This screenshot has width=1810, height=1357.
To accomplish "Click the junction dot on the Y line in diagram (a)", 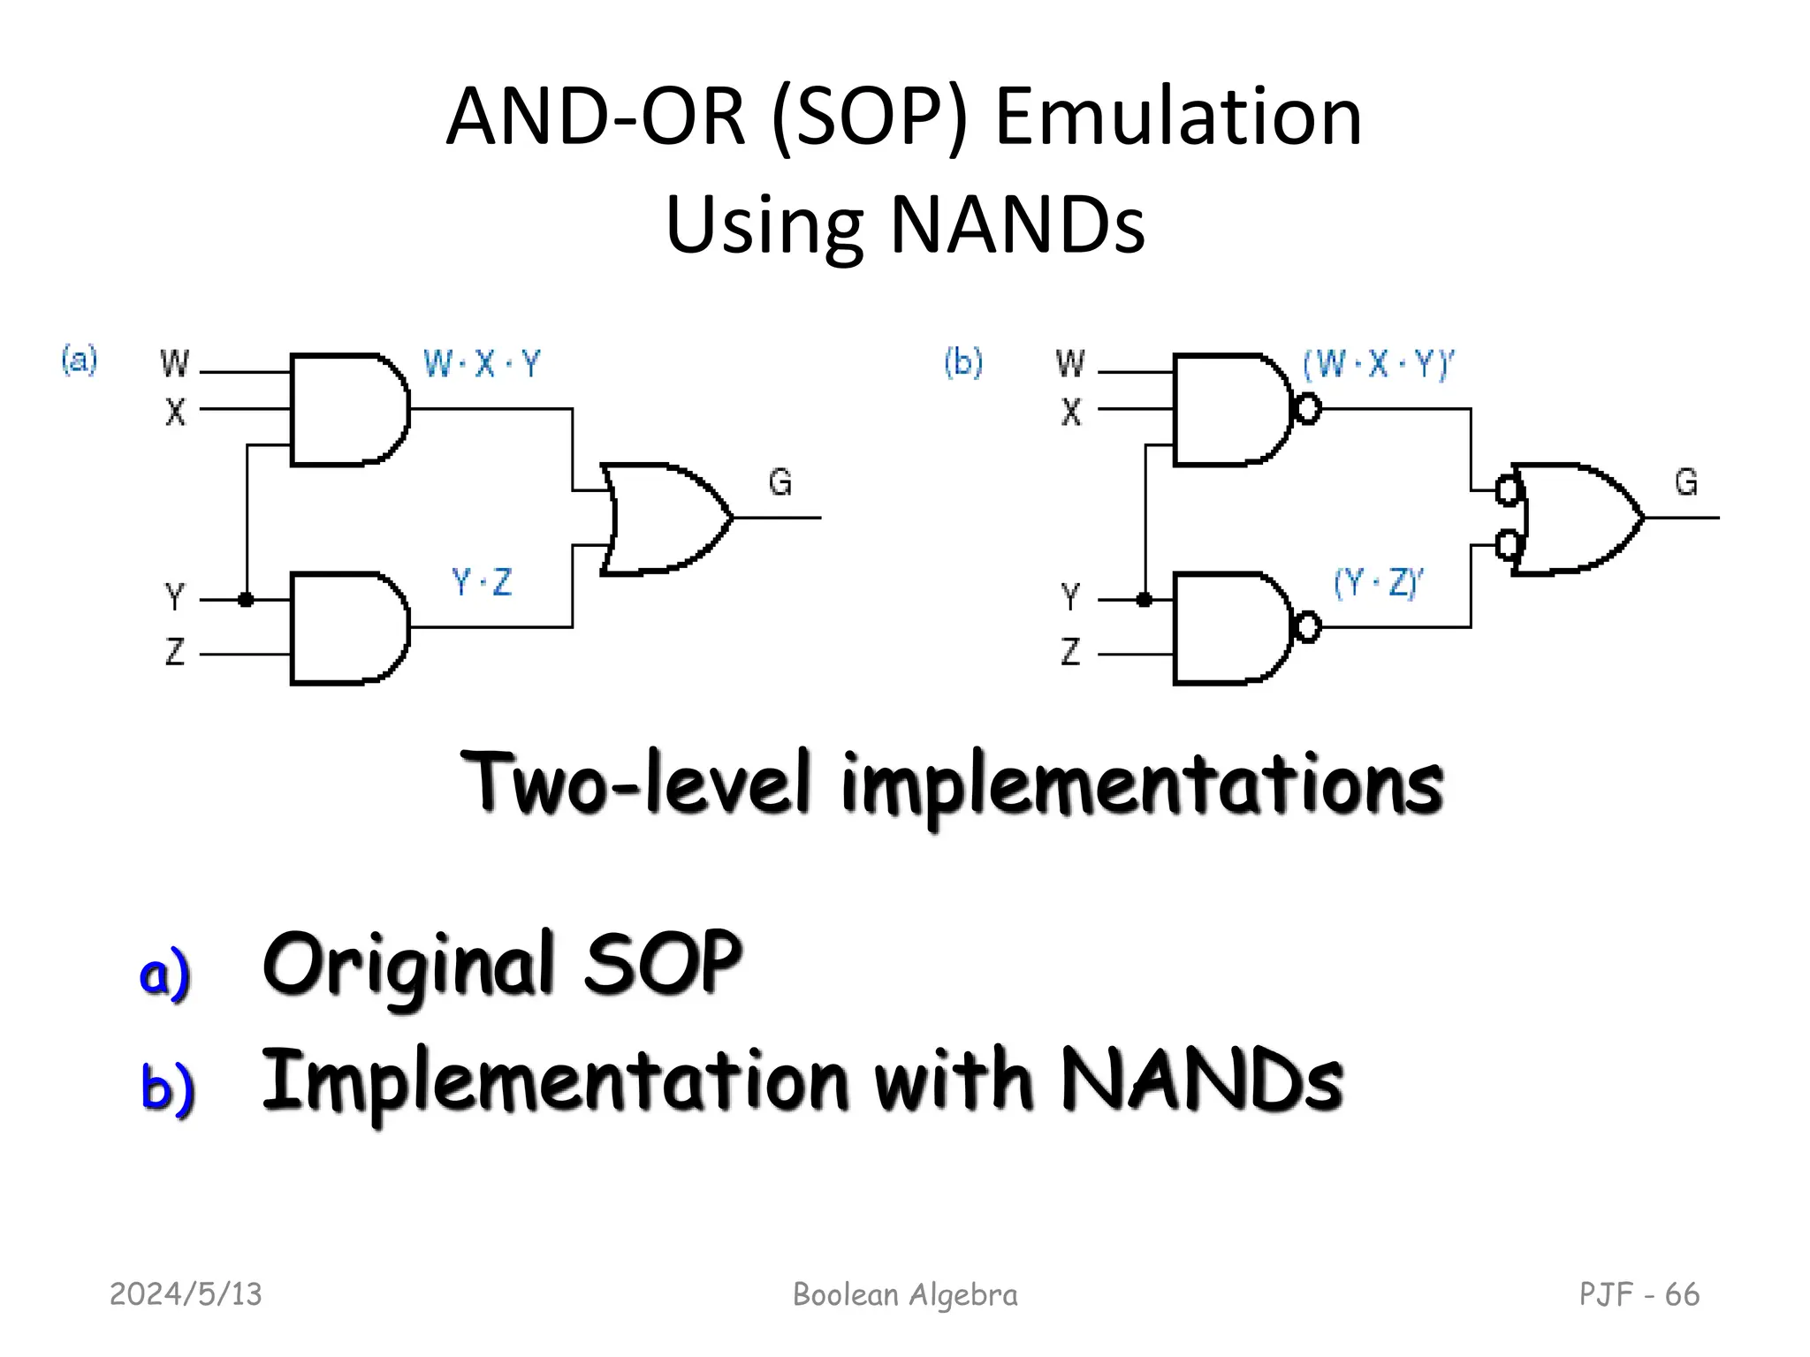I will click(247, 600).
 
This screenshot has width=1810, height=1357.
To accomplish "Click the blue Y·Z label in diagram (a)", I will click(482, 582).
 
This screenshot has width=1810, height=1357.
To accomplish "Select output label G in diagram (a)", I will click(780, 482).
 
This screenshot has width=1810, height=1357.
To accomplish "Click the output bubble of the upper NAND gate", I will click(1308, 409).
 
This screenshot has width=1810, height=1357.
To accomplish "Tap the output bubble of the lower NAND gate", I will click(1308, 627).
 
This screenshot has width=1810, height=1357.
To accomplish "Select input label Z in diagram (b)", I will click(1070, 652).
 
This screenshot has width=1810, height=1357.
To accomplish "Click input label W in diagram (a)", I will click(174, 363).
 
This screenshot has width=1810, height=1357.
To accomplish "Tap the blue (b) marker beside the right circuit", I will click(963, 362).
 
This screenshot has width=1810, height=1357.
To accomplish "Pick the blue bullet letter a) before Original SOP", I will click(165, 973).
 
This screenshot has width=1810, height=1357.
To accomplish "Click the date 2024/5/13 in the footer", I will click(186, 1294).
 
